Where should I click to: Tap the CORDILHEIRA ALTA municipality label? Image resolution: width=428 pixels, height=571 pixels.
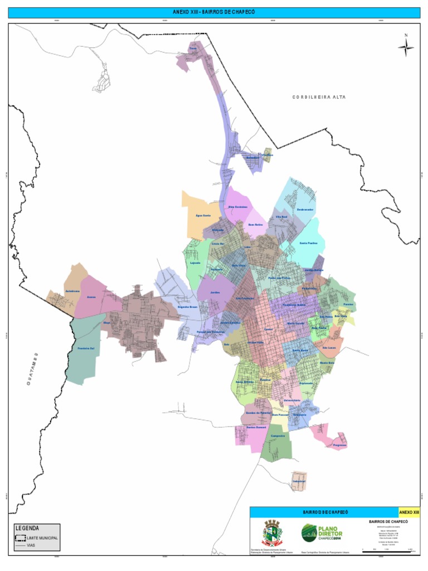[319, 97]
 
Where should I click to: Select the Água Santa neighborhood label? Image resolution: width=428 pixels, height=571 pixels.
[203, 215]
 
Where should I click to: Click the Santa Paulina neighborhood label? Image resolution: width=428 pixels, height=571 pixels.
[308, 243]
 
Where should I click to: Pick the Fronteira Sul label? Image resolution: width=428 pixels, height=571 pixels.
[85, 349]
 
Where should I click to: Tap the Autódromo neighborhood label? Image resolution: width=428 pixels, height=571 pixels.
[72, 292]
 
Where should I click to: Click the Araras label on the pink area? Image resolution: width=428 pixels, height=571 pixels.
[91, 297]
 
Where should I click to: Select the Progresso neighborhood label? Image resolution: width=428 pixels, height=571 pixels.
[339, 445]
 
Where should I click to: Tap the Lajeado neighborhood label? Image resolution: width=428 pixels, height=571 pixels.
[195, 263]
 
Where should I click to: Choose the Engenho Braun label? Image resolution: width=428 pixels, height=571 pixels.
[187, 307]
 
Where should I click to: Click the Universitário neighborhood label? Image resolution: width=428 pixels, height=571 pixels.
[291, 400]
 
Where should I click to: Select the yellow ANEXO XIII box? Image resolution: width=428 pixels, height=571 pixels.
[408, 512]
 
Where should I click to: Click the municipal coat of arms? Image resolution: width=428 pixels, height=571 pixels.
[273, 534]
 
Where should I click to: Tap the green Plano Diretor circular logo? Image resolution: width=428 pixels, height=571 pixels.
[309, 534]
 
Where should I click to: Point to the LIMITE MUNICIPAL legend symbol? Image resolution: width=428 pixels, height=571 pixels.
[20, 538]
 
